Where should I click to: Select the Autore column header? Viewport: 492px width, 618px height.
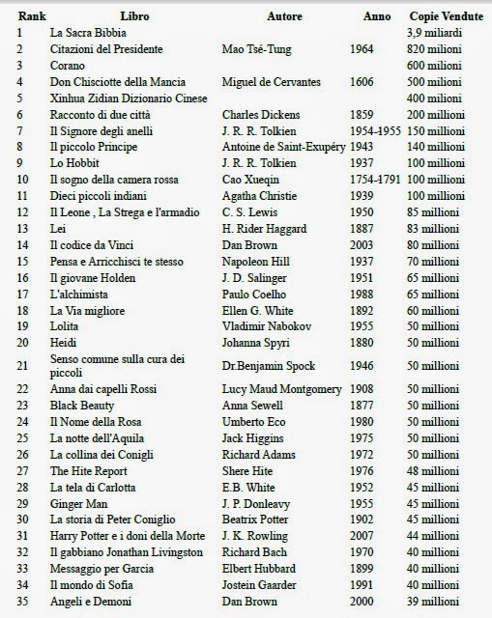tap(284, 16)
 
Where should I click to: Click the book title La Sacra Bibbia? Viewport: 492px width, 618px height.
tap(90, 33)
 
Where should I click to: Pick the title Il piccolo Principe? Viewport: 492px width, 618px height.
tap(94, 146)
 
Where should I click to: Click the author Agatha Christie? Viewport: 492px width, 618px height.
tap(264, 195)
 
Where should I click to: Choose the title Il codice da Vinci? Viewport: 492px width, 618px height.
tap(94, 245)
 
